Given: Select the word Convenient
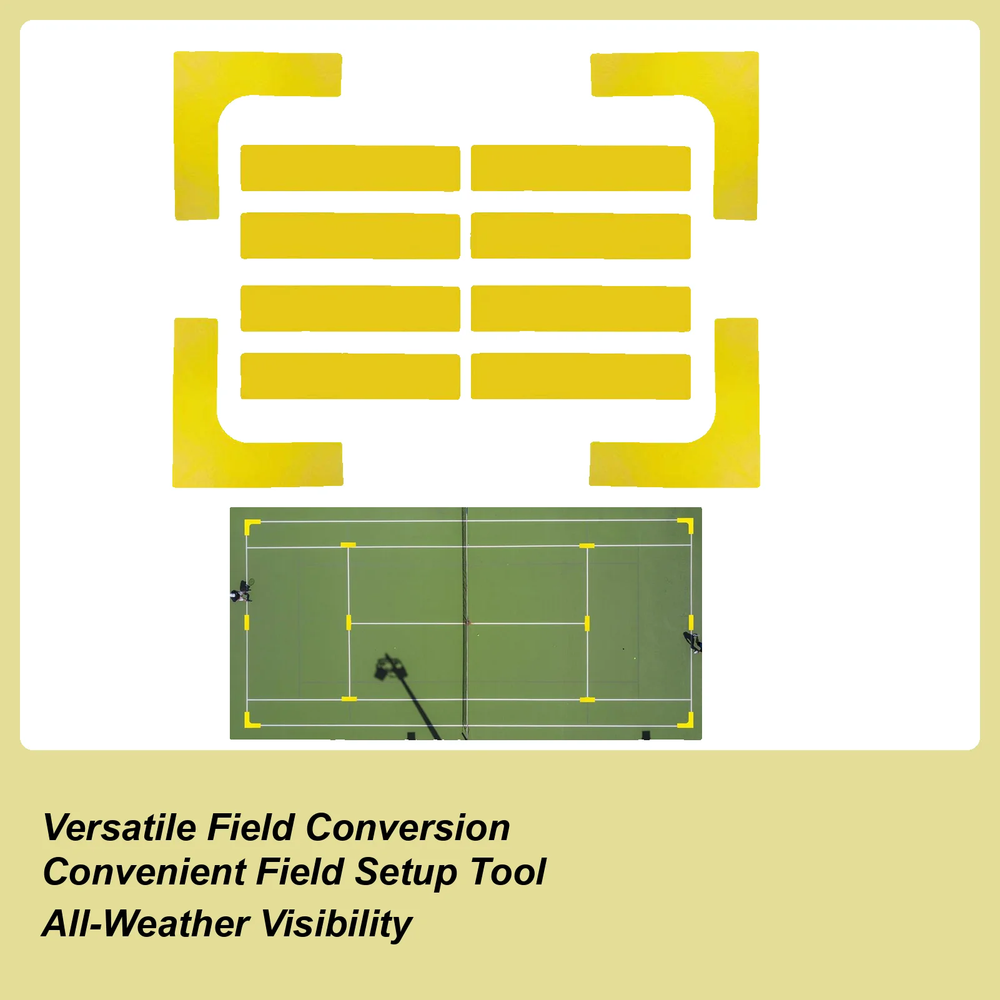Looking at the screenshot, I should point(144,872).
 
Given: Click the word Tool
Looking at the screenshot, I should point(508,872).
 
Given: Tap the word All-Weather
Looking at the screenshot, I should point(146,924).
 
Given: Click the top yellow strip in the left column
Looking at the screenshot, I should point(350,169).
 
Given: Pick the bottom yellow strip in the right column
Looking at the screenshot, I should point(580,377).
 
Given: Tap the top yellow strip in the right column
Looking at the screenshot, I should point(580,169).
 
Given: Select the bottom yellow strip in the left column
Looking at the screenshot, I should point(350,377).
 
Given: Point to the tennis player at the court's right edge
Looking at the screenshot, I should point(693,641).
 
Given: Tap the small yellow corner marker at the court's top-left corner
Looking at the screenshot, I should point(251,525).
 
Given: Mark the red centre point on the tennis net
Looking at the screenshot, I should point(466,622).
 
